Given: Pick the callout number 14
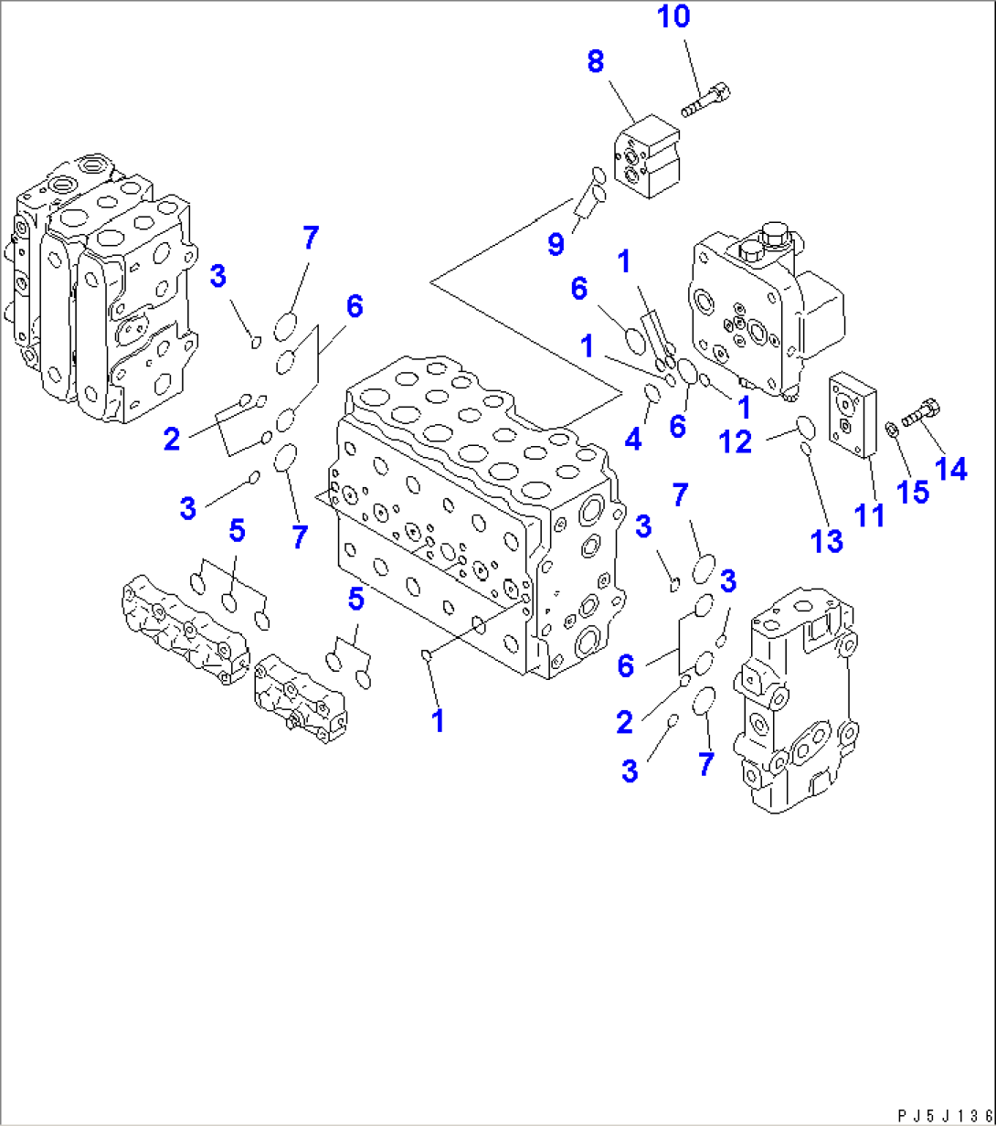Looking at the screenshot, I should [x=950, y=468].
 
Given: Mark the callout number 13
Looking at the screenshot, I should [x=827, y=540].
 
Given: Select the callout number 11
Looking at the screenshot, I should [x=868, y=514].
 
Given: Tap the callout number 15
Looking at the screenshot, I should [x=911, y=491].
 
